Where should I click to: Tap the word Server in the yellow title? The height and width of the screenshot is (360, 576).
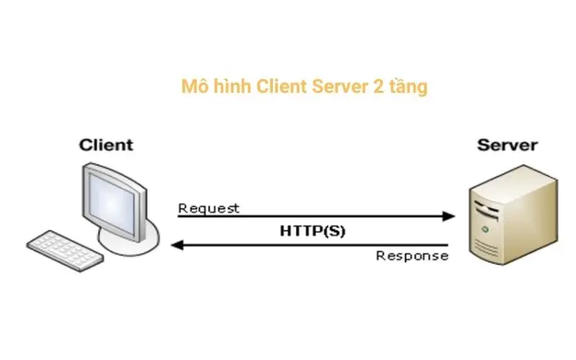point(337,87)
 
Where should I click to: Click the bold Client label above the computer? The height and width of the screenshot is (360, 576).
point(107,145)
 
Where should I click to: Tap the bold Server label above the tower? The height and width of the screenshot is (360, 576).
point(507,145)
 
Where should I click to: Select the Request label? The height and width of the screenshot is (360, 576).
point(209,209)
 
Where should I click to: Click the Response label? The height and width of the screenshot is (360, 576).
point(413,256)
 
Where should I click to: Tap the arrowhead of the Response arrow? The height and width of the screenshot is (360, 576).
point(177,245)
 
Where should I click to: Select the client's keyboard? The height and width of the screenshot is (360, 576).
point(60,249)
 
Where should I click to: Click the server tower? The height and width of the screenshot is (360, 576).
point(513,216)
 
